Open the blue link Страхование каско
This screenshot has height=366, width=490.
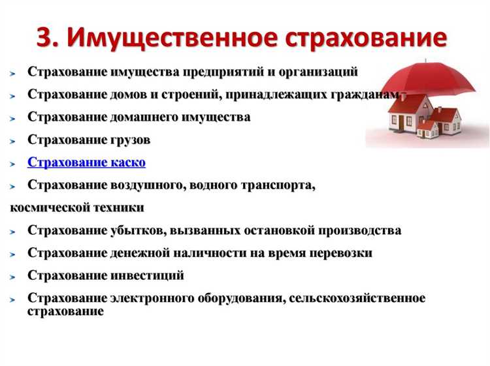pyautogui.click(x=86, y=162)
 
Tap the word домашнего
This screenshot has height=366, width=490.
pyautogui.click(x=142, y=117)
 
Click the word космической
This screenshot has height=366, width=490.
pyautogui.click(x=48, y=208)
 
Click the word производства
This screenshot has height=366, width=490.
pyautogui.click(x=360, y=230)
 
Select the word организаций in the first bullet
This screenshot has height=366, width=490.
pyautogui.click(x=319, y=71)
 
